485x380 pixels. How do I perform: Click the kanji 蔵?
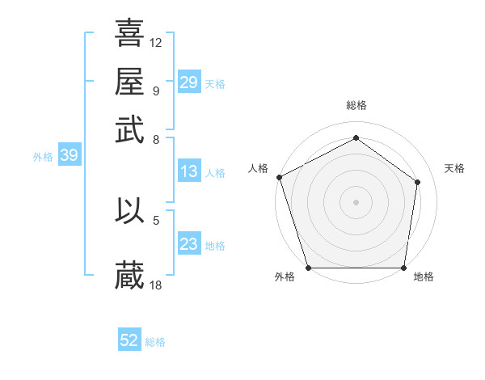[x=129, y=274]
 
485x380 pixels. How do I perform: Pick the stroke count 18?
[x=156, y=285]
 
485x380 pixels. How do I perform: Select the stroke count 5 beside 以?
[x=156, y=219]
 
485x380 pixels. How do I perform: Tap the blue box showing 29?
[x=188, y=82]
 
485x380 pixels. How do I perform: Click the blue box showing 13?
[x=188, y=171]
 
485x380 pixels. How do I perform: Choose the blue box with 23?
[x=188, y=244]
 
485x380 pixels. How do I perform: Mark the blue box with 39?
[x=69, y=156]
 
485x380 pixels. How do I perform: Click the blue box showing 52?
[x=129, y=340]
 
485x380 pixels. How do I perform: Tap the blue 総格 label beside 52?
[x=155, y=342]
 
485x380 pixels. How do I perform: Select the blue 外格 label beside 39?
[x=43, y=157]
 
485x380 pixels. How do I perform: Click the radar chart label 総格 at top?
[x=356, y=106]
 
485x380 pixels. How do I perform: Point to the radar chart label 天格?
[x=454, y=168]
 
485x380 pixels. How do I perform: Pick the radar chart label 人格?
[x=259, y=168]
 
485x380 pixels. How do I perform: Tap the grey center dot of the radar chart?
[x=356, y=201]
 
